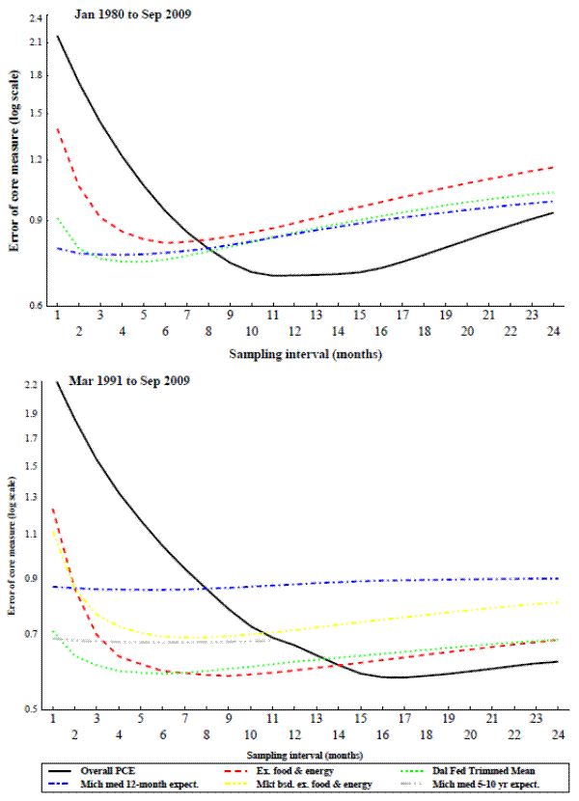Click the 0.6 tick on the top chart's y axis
click(36, 306)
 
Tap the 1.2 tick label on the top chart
click(36, 159)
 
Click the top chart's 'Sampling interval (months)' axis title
click(305, 354)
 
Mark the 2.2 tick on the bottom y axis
click(32, 384)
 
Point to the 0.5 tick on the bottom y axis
click(32, 709)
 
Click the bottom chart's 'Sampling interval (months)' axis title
click(304, 753)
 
